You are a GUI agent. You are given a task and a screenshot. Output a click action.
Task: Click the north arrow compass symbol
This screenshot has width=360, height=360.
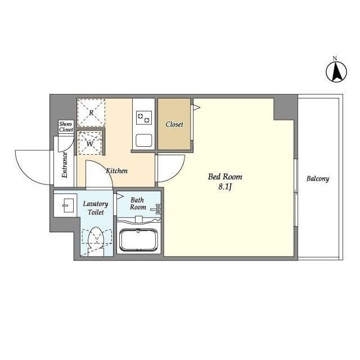pyautogui.click(x=336, y=72)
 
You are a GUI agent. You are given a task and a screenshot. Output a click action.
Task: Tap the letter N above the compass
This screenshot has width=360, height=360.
pyautogui.click(x=335, y=58)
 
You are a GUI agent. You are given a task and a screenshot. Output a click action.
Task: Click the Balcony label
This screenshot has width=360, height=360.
pyautogui.click(x=318, y=179)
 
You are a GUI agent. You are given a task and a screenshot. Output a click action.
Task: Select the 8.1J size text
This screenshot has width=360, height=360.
pyautogui.click(x=225, y=187)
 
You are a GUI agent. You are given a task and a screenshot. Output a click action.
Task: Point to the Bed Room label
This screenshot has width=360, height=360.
pyautogui.click(x=225, y=177)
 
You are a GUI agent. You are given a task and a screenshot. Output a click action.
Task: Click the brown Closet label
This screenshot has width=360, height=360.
pyautogui.click(x=174, y=124)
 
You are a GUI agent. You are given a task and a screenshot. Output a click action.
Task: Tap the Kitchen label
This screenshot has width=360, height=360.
pyautogui.click(x=116, y=170)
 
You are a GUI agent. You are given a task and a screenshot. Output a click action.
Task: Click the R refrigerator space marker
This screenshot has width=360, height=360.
pyautogui.click(x=91, y=112)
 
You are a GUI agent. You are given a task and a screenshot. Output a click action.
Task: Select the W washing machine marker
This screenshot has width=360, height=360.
pyautogui.click(x=90, y=144)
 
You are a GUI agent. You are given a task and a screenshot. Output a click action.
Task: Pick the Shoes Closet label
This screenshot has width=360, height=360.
pyautogui.click(x=66, y=127)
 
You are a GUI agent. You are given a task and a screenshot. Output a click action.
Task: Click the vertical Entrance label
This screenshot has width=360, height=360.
pyautogui.click(x=65, y=165)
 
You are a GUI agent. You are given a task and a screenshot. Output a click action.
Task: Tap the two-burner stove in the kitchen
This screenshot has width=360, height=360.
pyautogui.click(x=144, y=118)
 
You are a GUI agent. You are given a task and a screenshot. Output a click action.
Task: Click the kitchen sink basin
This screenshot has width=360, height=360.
pyautogui.click(x=144, y=140)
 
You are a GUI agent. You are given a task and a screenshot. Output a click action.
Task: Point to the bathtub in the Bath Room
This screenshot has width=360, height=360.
pyautogui.click(x=138, y=240)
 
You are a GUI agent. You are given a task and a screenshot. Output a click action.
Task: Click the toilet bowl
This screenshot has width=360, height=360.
pyautogui.click(x=96, y=236)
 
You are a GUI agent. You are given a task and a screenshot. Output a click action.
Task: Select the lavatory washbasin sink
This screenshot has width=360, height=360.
pyautogui.click(x=68, y=205)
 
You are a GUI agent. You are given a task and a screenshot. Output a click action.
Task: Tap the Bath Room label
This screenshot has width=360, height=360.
pyautogui.click(x=138, y=204)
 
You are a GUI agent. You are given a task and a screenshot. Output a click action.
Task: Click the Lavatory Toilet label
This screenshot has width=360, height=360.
pyautogui.click(x=96, y=208)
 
